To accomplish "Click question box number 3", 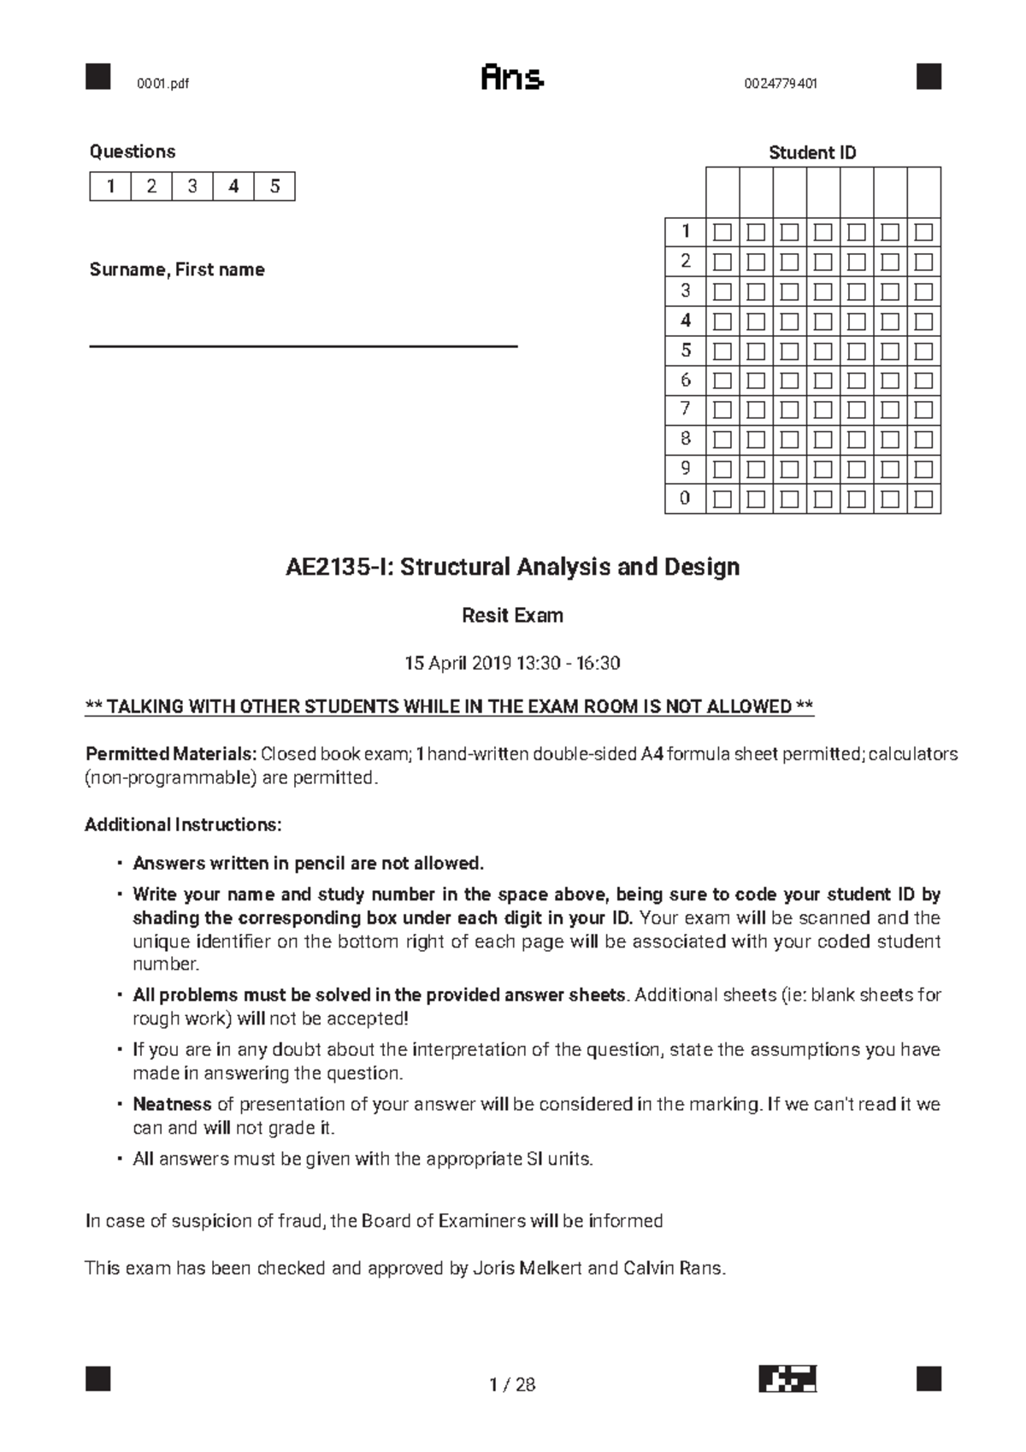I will (x=192, y=186).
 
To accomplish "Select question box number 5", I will (x=274, y=186).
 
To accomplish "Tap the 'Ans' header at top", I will (x=512, y=79).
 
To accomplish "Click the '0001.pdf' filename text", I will (x=162, y=84).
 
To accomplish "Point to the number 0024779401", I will (x=780, y=84).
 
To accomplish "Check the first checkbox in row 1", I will (x=723, y=232).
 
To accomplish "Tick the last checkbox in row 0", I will (x=923, y=499).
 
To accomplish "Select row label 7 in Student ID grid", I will (x=685, y=409).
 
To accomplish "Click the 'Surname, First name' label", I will (x=177, y=270).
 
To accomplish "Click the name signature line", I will (x=304, y=345).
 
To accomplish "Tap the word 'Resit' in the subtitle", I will (x=484, y=616).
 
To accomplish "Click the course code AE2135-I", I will (x=339, y=567).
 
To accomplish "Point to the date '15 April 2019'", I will (x=457, y=664).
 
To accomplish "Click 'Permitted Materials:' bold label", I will (x=171, y=754).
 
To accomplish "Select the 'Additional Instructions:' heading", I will (x=183, y=825).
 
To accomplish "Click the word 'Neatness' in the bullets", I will (x=172, y=1104).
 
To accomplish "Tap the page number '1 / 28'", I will (x=512, y=1384).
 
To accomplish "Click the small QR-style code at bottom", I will (x=787, y=1378).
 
